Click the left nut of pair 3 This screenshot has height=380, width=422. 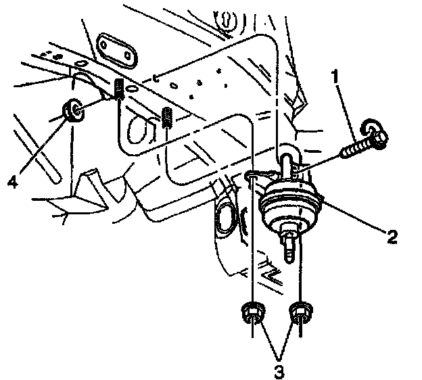pos(252,313)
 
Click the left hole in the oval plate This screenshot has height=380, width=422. pos(106,44)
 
